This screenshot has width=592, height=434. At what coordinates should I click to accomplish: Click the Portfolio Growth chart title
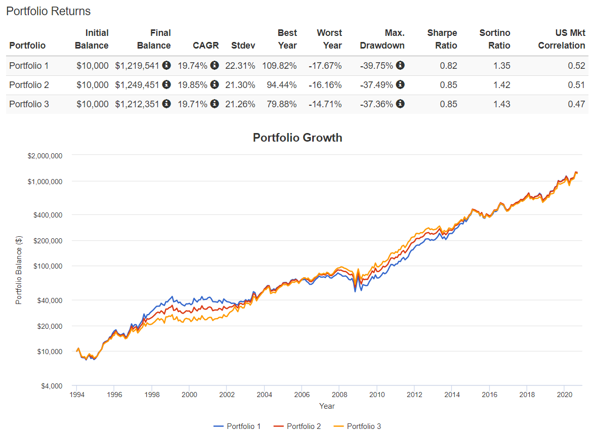pos(298,138)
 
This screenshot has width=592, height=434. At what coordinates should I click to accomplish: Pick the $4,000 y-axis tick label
pos(50,386)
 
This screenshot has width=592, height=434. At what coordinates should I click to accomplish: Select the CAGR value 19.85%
pos(192,85)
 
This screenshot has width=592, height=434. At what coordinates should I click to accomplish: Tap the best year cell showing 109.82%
pos(279,66)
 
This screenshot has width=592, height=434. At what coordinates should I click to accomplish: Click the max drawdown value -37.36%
pos(376,104)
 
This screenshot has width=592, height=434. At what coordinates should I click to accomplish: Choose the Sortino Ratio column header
pos(495,39)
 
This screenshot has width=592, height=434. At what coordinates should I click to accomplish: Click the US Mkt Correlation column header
pos(561,39)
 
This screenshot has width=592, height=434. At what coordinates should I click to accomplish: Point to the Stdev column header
pos(243,45)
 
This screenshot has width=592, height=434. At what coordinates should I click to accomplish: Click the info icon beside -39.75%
pos(400,66)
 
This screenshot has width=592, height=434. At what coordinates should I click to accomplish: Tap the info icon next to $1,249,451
pos(166,85)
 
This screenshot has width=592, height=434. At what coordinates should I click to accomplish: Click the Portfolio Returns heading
pos(49,11)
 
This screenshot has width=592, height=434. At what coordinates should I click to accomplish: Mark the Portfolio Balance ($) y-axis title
pos(19,270)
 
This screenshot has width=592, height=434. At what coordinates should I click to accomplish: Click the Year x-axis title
pos(327,406)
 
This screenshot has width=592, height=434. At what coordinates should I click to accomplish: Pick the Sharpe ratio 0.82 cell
pos(448,66)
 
